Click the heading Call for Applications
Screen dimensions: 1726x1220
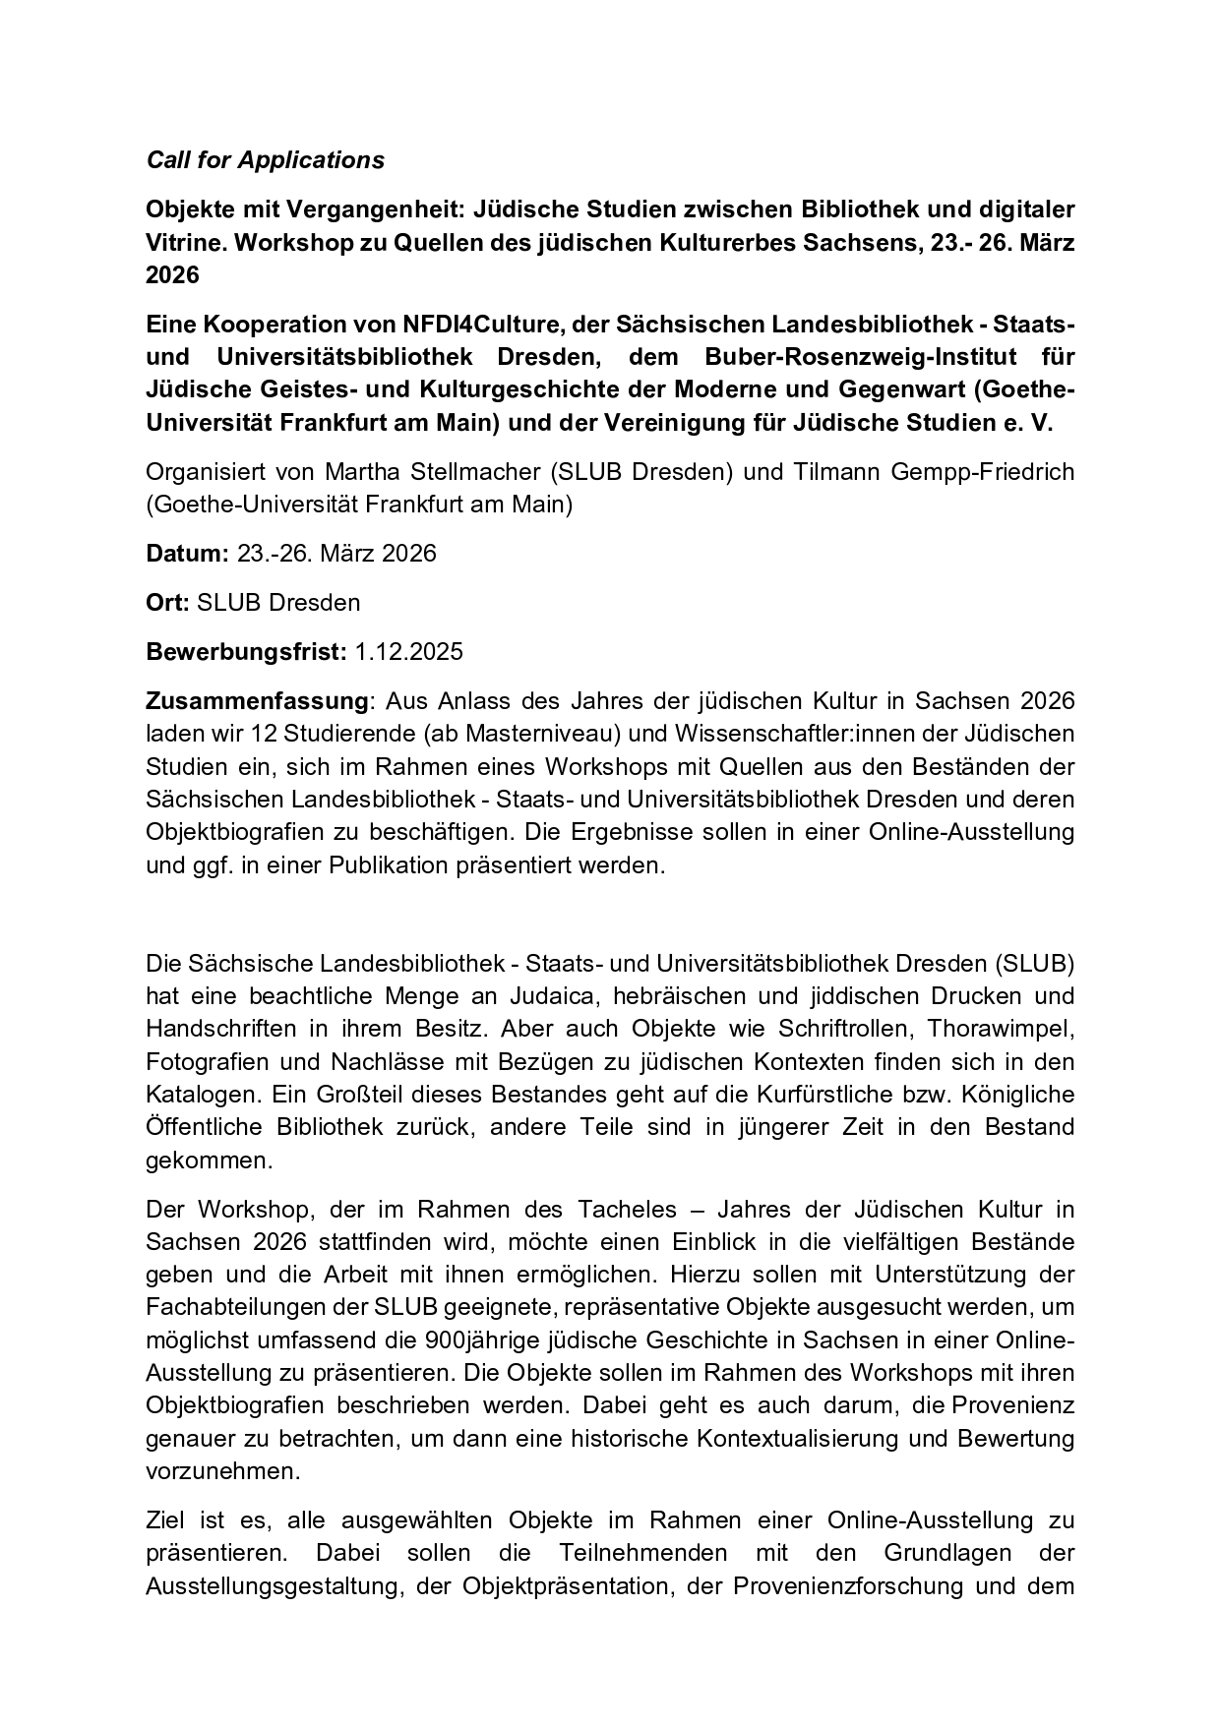pyautogui.click(x=265, y=160)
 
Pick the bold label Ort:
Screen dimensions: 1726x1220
pyautogui.click(x=167, y=603)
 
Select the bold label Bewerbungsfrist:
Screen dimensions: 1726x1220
pyautogui.click(x=246, y=652)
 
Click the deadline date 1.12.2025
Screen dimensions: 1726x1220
pyautogui.click(x=408, y=652)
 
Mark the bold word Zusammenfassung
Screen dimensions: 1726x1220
pyautogui.click(x=257, y=701)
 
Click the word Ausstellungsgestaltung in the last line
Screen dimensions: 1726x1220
pyautogui.click(x=274, y=1586)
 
